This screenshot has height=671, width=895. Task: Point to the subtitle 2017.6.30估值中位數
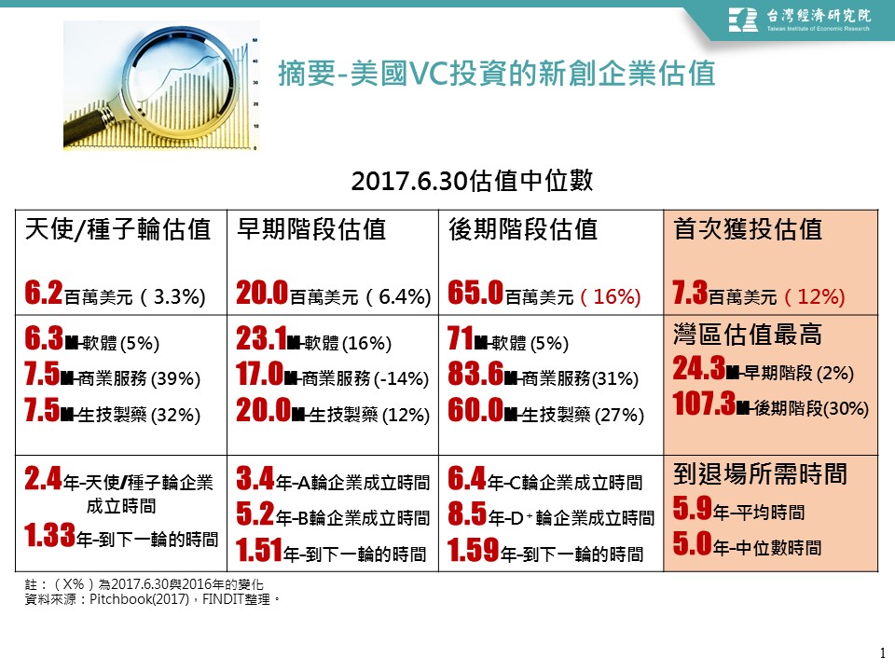point(472,180)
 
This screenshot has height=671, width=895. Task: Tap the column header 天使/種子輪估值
point(117,230)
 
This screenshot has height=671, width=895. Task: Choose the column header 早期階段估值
point(311,230)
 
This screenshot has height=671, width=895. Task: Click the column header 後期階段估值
point(523,230)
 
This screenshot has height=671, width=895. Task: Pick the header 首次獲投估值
point(747,230)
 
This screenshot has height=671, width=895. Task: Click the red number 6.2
point(44,295)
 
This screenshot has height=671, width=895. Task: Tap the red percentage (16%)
point(611,297)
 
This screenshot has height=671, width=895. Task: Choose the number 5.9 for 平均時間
point(691,510)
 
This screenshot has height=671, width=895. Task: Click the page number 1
point(881,651)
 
